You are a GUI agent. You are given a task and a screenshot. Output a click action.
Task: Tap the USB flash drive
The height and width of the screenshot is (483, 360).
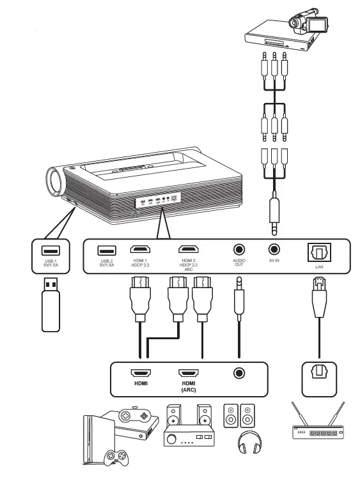click(x=52, y=307)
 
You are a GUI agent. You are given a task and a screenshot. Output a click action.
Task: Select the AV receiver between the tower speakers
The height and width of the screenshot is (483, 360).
click(x=185, y=438)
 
